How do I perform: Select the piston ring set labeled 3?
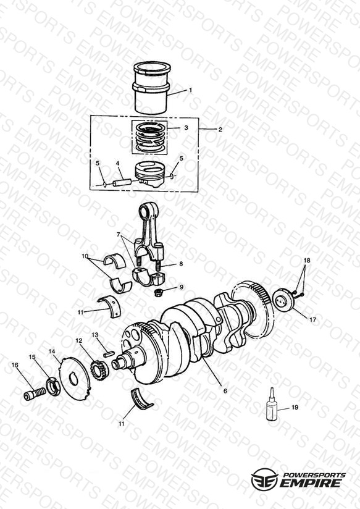(x=149, y=137)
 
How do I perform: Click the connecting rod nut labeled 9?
(x=159, y=292)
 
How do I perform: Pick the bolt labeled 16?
(x=34, y=393)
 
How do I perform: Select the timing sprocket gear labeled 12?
(x=99, y=371)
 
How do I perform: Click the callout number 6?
(x=225, y=391)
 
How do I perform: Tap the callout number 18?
(x=307, y=260)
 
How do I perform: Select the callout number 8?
(x=181, y=264)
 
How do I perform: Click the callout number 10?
(x=85, y=256)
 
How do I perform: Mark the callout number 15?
(x=32, y=357)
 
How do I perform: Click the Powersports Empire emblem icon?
(x=264, y=479)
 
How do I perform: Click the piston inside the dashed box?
(x=149, y=174)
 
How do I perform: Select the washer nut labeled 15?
(x=52, y=387)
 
